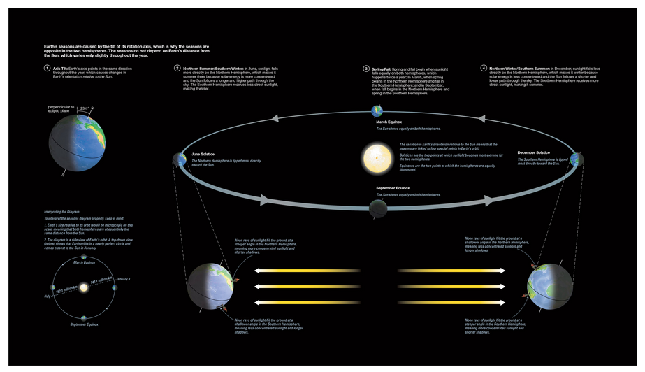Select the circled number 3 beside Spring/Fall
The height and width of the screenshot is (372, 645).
point(365,68)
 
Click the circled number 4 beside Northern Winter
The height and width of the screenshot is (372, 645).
point(484,68)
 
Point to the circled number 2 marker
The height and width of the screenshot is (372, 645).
point(177,68)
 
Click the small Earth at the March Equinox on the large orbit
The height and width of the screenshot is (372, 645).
point(377,110)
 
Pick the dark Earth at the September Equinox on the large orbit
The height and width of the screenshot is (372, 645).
point(377,208)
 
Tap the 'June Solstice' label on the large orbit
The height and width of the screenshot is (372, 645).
point(203,153)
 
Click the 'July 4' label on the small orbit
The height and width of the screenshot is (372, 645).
point(47,298)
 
